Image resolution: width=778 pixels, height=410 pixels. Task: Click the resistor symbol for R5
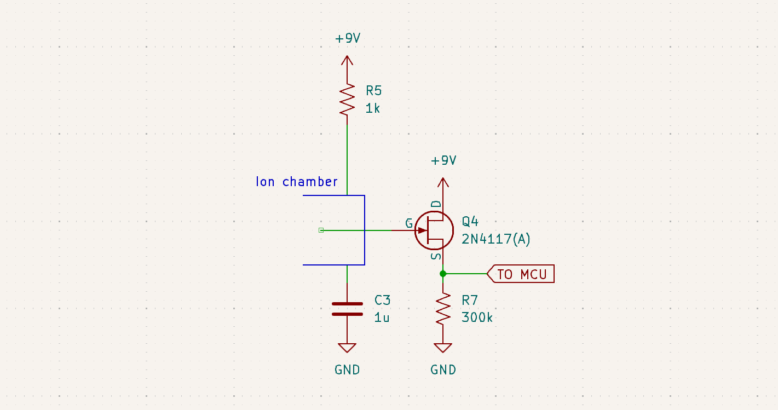[347, 99]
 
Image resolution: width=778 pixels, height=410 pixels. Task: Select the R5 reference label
[374, 90]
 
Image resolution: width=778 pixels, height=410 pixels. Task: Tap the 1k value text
[373, 108]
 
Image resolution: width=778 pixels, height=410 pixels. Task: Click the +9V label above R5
[348, 38]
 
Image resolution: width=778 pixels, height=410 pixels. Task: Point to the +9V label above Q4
[443, 160]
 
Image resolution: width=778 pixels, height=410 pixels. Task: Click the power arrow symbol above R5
[347, 61]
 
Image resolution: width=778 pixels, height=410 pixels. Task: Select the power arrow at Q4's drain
[443, 184]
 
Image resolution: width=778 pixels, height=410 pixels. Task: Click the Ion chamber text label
[297, 182]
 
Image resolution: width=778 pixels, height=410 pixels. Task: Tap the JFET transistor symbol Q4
[434, 230]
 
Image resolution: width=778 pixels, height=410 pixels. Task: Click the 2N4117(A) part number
[496, 239]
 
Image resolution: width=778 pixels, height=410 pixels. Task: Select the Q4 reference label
[470, 221]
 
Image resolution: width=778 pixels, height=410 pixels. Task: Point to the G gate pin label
[408, 223]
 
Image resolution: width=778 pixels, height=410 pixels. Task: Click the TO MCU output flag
[521, 274]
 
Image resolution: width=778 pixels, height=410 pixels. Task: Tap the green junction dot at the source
[443, 274]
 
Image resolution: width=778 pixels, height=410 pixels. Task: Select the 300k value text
[477, 317]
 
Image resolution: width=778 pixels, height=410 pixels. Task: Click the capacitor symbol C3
[347, 309]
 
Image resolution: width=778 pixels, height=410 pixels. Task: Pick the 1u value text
[382, 317]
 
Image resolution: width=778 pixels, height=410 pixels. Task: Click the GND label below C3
[348, 370]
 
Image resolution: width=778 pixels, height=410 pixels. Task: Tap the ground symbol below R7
[443, 348]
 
